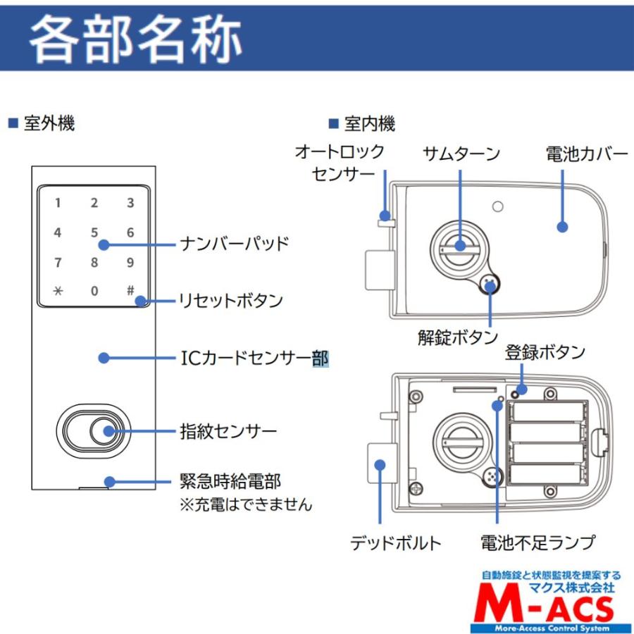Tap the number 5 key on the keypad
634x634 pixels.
pos(94,232)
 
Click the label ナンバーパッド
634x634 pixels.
pos(235,244)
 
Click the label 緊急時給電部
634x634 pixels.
pos(230,482)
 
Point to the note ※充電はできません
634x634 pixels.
pos(246,505)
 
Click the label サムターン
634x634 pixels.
pos(461,154)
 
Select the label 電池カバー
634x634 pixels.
pos(587,154)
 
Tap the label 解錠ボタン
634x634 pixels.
pos(457,337)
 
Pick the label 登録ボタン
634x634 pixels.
pos(545,352)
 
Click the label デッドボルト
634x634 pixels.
pos(395,543)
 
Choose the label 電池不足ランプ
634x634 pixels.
pos(537,543)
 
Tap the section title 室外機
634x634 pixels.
pos(49,124)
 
